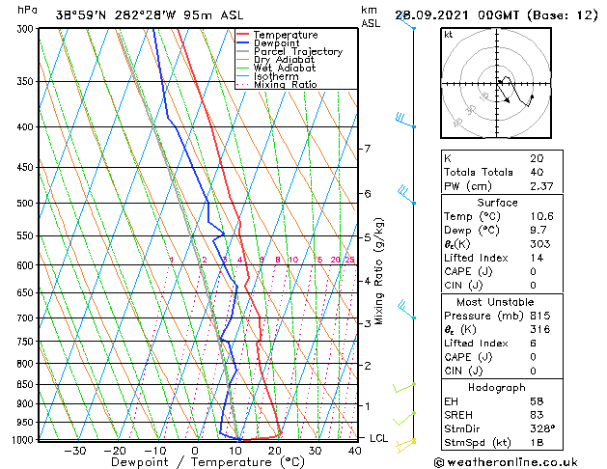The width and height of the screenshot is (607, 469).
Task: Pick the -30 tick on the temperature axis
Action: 74,450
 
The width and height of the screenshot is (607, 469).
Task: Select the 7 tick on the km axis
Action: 367,149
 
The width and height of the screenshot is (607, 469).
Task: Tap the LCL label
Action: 380,438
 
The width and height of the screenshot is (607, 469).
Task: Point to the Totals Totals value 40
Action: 536,172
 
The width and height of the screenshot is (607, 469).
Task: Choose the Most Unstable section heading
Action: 496,301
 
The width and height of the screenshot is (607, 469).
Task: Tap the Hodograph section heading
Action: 496,387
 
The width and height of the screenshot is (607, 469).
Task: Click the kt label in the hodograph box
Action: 449,34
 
